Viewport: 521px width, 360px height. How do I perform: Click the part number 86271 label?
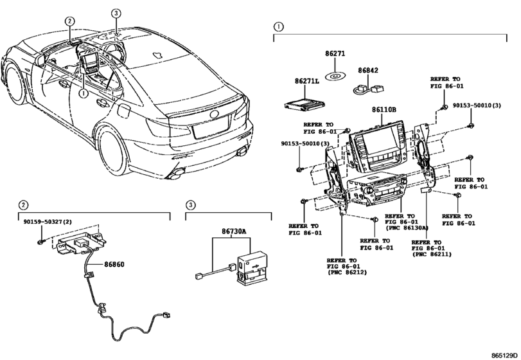pyautogui.click(x=335, y=54)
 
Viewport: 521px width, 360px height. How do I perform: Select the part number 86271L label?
pyautogui.click(x=306, y=81)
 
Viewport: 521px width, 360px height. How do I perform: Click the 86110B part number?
pyautogui.click(x=384, y=109)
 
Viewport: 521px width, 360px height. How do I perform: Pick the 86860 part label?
pyautogui.click(x=114, y=264)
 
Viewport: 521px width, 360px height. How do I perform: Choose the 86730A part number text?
pyautogui.click(x=234, y=231)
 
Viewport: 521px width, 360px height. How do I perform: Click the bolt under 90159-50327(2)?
pyautogui.click(x=40, y=241)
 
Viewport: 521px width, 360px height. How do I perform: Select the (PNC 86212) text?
pyautogui.click(x=347, y=273)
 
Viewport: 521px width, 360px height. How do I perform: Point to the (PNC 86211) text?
pyautogui.click(x=432, y=255)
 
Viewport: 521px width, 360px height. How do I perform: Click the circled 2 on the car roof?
pyautogui.click(x=69, y=21)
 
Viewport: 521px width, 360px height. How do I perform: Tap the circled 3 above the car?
pyautogui.click(x=116, y=14)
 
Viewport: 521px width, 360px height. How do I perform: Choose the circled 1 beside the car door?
pyautogui.click(x=83, y=94)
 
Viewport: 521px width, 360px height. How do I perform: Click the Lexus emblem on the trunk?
pyautogui.click(x=215, y=114)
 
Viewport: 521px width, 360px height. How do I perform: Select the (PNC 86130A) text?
pyautogui.click(x=407, y=228)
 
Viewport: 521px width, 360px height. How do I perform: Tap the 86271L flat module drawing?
pyautogui.click(x=305, y=104)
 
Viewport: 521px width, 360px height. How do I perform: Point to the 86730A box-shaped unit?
pyautogui.click(x=252, y=268)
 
